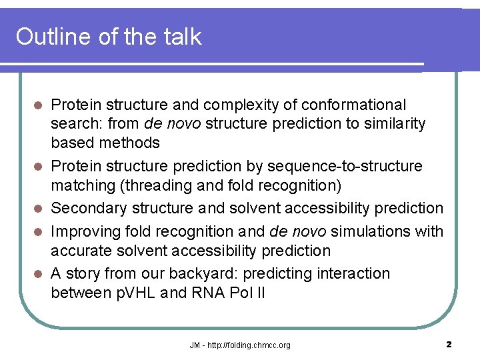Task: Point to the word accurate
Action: coord(79,251)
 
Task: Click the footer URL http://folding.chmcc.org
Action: coord(247,345)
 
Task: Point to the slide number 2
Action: coord(449,345)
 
